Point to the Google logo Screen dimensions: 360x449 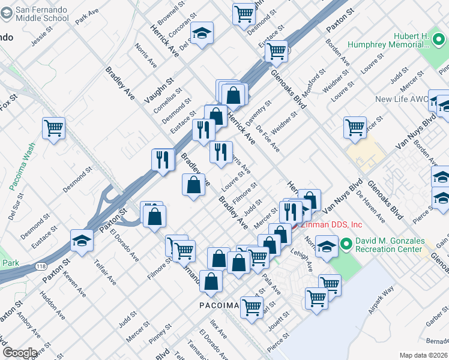[x=20, y=353]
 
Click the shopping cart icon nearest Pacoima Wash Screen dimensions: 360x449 [x=53, y=128]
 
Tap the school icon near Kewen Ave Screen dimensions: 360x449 [x=82, y=240]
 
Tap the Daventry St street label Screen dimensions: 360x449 [x=259, y=111]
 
